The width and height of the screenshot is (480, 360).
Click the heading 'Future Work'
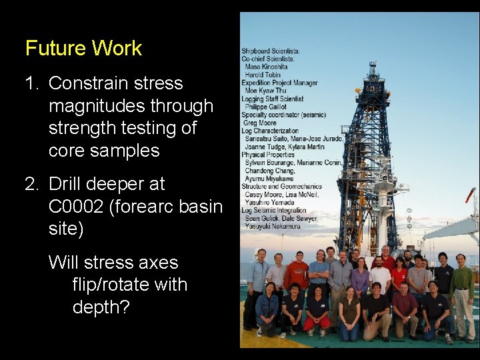click(83, 48)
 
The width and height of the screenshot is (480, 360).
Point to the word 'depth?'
click(101, 307)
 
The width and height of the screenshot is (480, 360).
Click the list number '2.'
click(33, 184)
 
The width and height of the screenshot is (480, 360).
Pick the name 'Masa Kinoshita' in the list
click(267, 67)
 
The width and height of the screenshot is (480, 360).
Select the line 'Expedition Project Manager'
click(279, 83)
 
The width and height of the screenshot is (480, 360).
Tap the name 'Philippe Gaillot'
click(267, 107)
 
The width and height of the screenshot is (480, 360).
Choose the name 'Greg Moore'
click(260, 123)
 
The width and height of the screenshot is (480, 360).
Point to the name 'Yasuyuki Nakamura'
click(273, 226)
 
